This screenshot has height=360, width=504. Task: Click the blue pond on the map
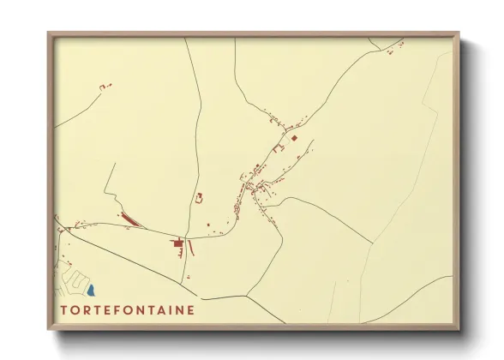tap(91, 291)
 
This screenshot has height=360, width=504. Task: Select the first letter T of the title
tap(64, 310)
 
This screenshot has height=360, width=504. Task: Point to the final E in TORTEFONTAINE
tap(190, 310)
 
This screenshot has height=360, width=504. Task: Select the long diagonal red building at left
tap(130, 220)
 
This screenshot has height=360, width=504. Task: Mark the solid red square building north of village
tap(294, 137)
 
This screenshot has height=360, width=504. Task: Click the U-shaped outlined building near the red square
tap(277, 148)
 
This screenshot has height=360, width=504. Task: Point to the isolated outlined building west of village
tap(200, 198)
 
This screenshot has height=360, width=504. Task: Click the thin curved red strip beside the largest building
tap(192, 248)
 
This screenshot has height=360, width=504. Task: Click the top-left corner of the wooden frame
tap(49, 33)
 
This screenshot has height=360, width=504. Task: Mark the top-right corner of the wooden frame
tap(459, 33)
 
